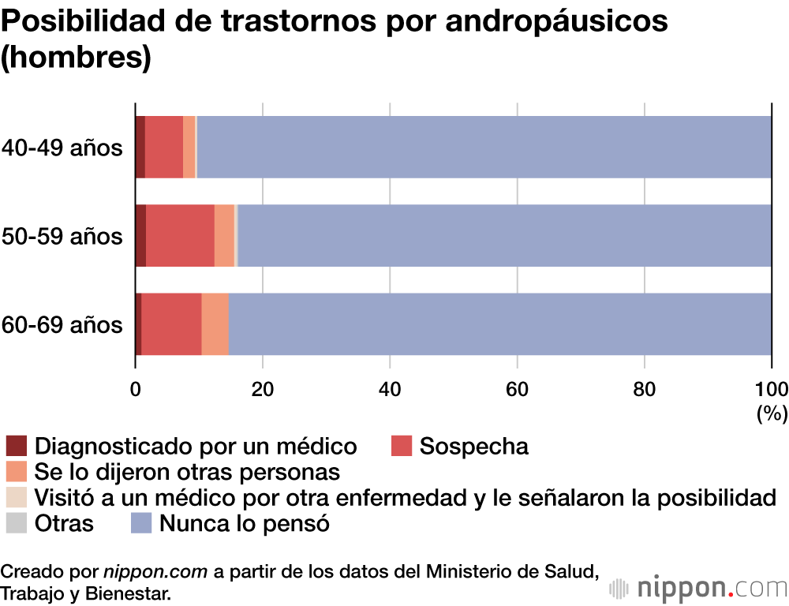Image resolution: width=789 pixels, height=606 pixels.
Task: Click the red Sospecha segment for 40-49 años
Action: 164,147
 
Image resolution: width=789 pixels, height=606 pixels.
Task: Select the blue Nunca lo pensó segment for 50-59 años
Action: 505,235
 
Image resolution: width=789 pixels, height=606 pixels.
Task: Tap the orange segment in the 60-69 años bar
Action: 215,324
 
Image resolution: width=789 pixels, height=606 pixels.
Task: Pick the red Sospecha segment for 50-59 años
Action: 180,235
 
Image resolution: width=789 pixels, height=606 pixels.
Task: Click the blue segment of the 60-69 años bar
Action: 500,324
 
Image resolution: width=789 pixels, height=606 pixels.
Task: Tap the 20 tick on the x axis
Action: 263,388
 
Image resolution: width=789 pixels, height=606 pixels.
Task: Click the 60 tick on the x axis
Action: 518,388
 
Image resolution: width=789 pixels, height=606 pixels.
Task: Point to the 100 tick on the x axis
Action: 771,388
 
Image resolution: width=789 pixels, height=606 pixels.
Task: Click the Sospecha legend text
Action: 473,446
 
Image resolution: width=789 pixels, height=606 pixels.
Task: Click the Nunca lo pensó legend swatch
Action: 141,522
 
